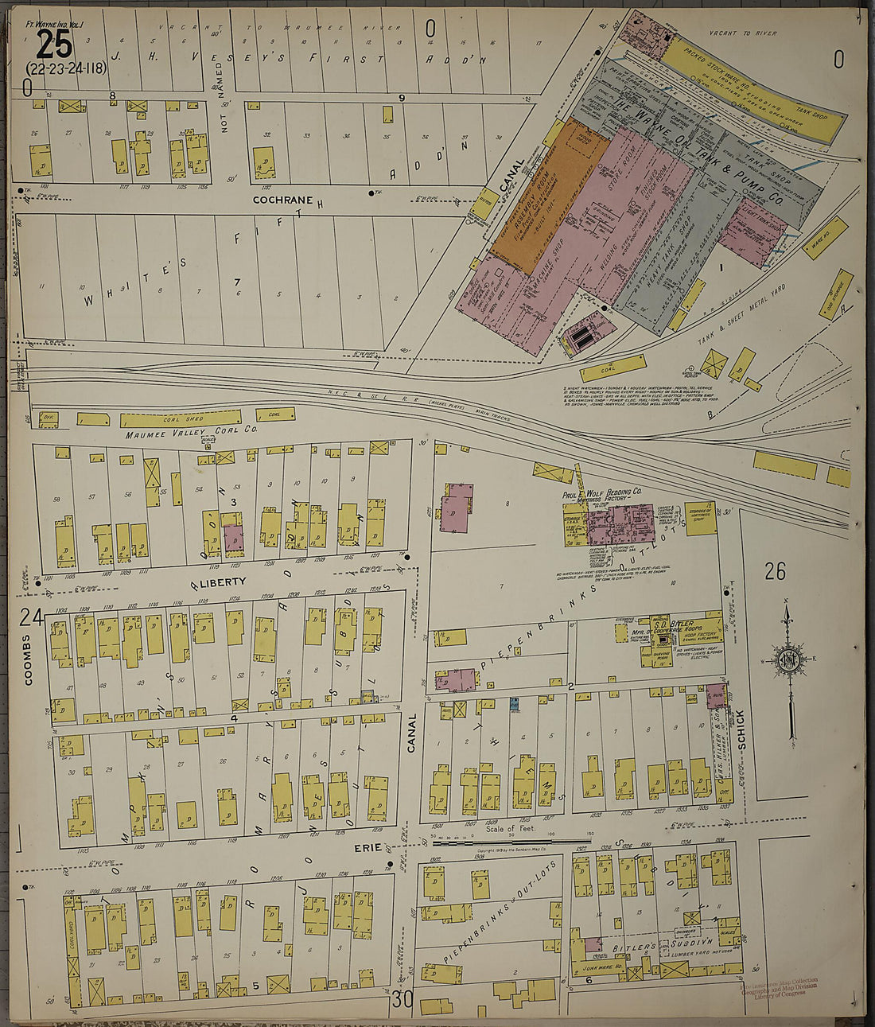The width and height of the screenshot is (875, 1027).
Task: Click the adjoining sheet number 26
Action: (x=775, y=570)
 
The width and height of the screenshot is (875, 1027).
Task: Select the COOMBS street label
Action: (x=26, y=659)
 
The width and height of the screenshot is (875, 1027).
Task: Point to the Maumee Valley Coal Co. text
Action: (x=191, y=434)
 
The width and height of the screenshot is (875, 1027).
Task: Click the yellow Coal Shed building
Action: (x=181, y=418)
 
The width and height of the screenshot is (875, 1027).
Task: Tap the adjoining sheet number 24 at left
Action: (x=31, y=617)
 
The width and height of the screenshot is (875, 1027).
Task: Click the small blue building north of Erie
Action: (x=515, y=704)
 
